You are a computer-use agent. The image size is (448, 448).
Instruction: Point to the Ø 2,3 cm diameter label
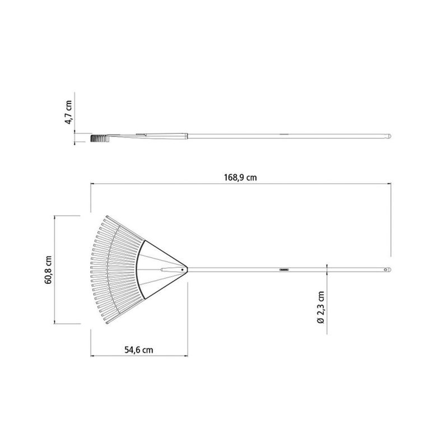[320, 309]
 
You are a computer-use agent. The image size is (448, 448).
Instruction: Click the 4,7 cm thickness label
[69, 113]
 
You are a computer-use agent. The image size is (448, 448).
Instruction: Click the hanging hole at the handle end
[385, 270]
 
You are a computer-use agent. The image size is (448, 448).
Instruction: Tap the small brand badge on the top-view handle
[284, 270]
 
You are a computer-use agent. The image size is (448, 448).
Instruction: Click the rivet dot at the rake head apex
[182, 270]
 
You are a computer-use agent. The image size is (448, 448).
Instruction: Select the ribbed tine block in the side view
[99, 137]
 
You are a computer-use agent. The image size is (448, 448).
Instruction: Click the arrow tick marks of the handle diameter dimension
[327, 270]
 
